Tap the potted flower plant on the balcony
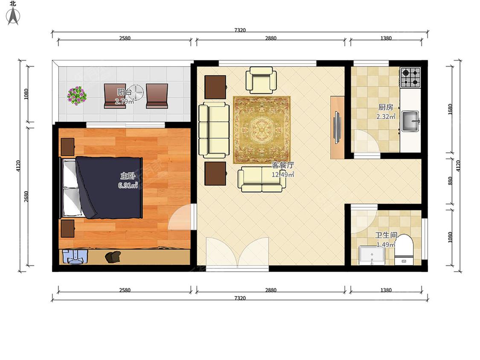(77, 96)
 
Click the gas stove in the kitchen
(410, 77)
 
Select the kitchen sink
(410, 121)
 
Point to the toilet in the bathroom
(404, 250)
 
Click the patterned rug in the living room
(262, 130)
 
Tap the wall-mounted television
(337, 128)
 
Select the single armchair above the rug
(261, 80)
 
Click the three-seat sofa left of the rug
(214, 130)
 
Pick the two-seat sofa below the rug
(262, 179)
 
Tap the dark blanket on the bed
(109, 188)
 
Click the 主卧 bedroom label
(128, 176)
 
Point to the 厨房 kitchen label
(386, 107)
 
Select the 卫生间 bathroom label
(386, 235)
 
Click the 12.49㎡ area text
(283, 174)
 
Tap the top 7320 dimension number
(240, 30)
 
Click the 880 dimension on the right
(450, 181)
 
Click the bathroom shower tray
(372, 255)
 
